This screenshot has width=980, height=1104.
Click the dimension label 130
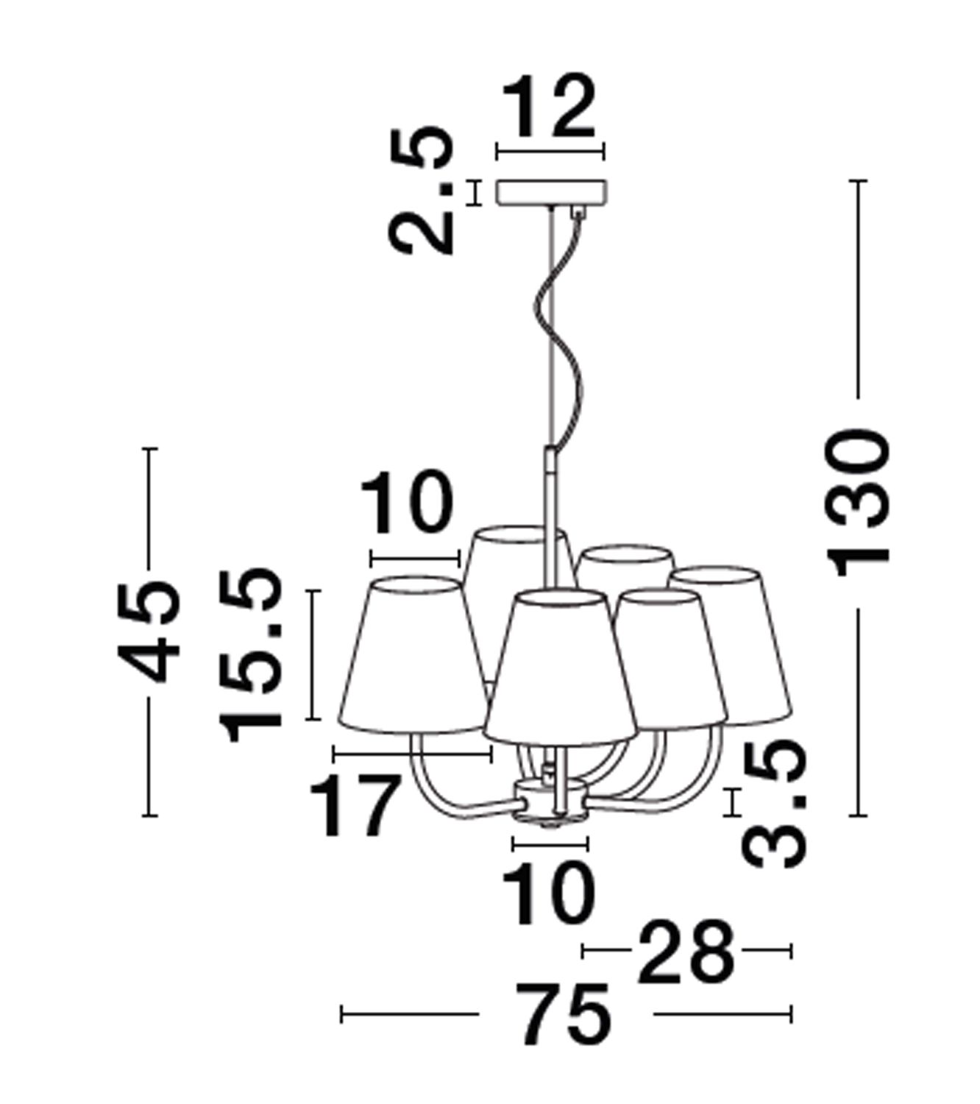click(x=857, y=503)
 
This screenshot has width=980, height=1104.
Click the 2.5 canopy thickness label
click(x=421, y=190)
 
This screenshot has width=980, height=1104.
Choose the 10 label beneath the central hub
click(x=549, y=894)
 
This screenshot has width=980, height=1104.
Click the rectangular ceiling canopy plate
click(x=551, y=193)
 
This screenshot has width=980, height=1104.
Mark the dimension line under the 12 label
click(x=550, y=151)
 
